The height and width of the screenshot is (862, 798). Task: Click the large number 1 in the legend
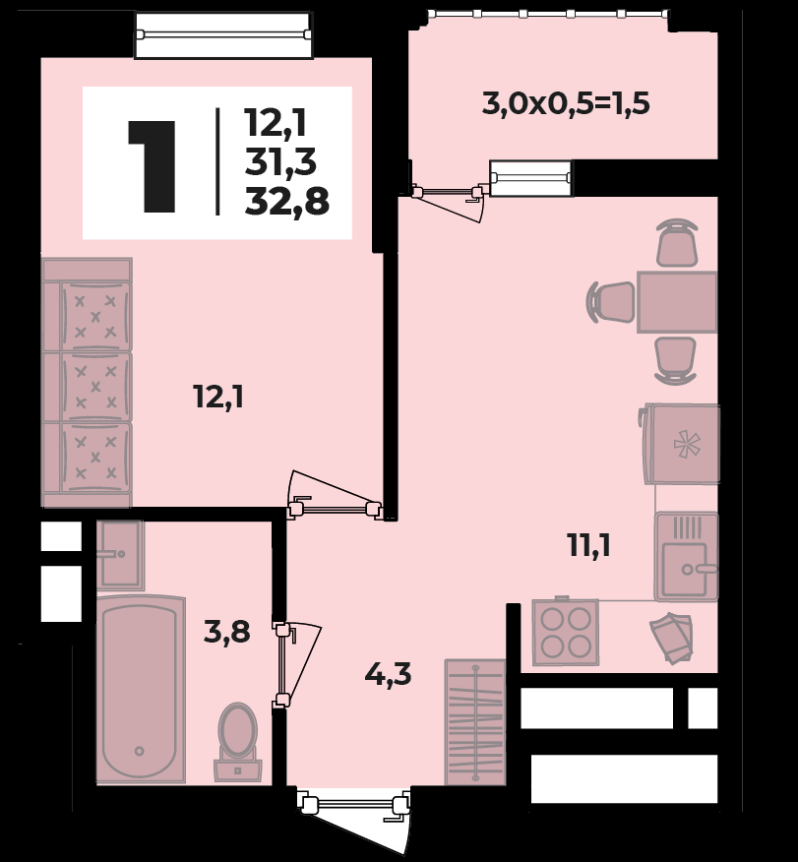(x=152, y=166)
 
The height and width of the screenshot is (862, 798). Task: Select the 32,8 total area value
(x=287, y=202)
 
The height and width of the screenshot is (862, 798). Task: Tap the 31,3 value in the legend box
(x=280, y=162)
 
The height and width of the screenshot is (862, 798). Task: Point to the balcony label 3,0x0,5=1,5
(x=566, y=103)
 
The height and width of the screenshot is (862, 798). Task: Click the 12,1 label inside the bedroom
(x=218, y=397)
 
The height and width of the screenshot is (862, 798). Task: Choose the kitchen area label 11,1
(x=588, y=546)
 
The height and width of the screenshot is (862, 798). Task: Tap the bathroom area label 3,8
(x=226, y=632)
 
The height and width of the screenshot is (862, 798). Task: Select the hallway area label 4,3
(x=388, y=674)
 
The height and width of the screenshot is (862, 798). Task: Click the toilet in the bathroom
(x=237, y=742)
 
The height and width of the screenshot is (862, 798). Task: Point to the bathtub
(x=141, y=690)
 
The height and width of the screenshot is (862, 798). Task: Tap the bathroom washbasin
(x=120, y=554)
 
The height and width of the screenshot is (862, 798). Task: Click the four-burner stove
(x=566, y=632)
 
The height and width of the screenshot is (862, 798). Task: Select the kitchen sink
(x=687, y=556)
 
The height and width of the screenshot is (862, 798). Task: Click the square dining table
(x=677, y=302)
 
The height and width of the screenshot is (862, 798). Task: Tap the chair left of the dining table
(x=611, y=302)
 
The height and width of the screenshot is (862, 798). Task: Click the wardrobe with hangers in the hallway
(x=475, y=722)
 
